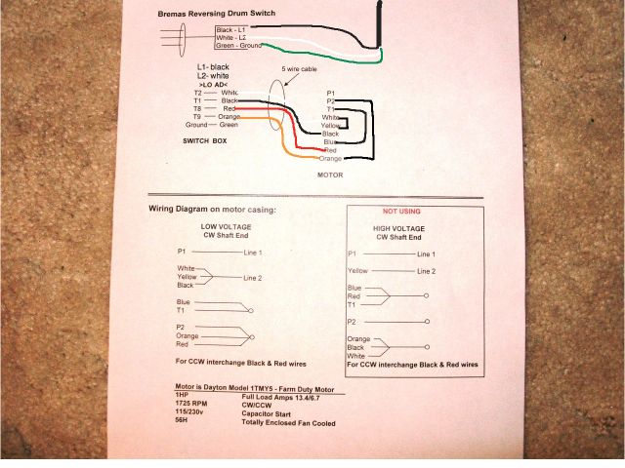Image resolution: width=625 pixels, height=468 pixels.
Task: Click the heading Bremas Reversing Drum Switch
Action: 216,14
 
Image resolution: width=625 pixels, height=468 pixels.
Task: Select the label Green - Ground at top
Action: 238,46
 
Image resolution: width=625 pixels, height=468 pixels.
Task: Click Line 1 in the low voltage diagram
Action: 252,253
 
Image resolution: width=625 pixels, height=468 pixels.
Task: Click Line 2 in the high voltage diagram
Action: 426,270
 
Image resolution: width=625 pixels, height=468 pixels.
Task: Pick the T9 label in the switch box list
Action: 197,116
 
